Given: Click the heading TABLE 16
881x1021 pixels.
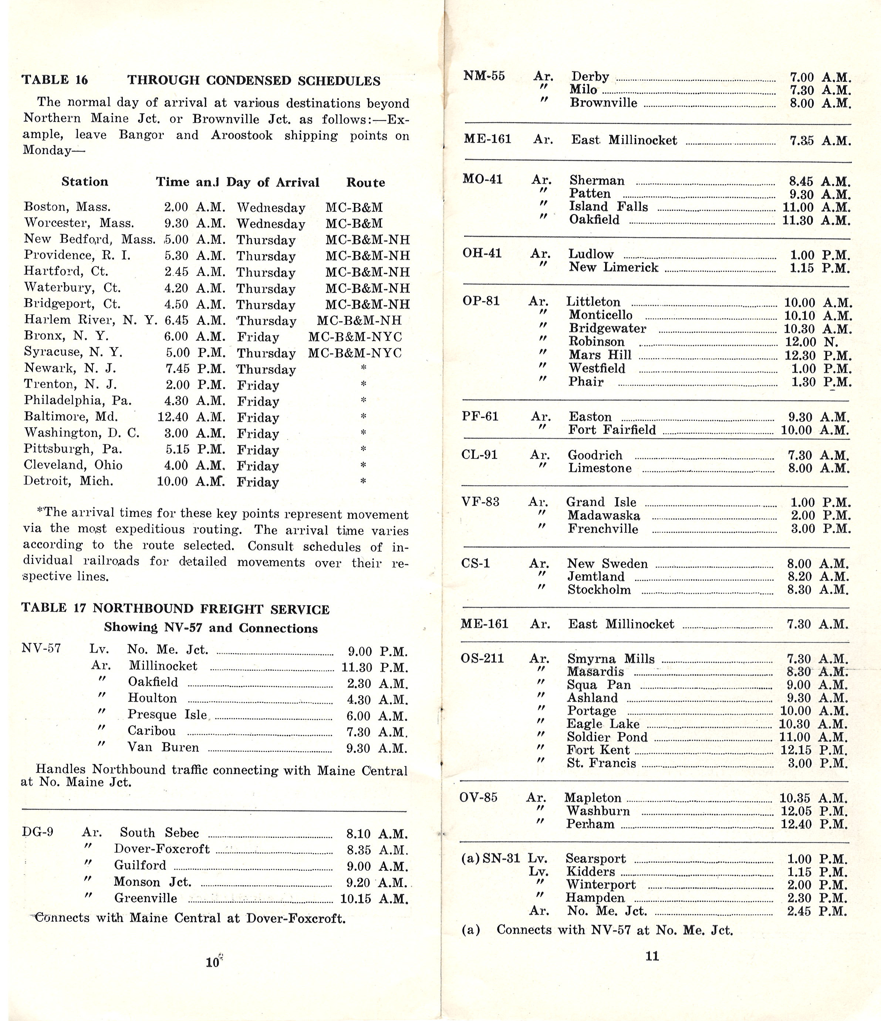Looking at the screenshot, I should (55, 80).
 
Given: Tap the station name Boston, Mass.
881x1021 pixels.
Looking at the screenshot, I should (68, 207).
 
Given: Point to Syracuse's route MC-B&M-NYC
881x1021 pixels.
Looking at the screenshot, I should (355, 353).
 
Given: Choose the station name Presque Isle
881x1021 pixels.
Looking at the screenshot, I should (167, 714).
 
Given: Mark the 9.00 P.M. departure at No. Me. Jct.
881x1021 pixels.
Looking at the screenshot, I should (377, 651).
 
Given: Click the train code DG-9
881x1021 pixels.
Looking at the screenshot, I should (38, 832).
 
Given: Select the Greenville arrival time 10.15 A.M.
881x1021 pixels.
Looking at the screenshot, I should (374, 898).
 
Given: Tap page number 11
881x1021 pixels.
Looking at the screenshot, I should (652, 956).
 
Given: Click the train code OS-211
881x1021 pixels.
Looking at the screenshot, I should (482, 658).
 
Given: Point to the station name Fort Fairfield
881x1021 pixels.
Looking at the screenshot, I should (612, 430).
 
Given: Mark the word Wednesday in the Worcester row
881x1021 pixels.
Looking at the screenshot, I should (270, 224).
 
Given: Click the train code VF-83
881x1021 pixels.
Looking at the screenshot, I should (480, 502).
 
